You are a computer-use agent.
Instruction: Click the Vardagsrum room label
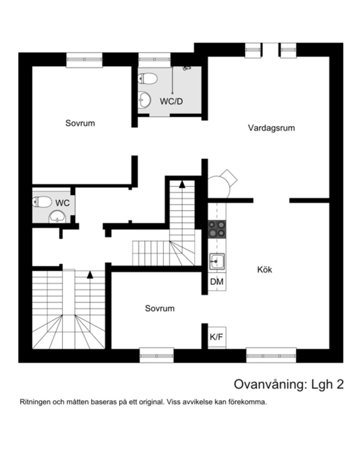tap(271, 128)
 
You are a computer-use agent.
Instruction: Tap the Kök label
tap(264, 270)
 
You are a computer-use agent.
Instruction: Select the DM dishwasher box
tap(217, 281)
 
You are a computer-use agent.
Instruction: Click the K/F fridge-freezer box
tap(216, 337)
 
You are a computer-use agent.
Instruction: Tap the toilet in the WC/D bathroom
tap(148, 78)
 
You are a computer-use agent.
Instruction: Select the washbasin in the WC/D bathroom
tap(144, 100)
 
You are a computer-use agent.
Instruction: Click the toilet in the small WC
tap(42, 202)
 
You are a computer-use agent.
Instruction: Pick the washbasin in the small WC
tap(57, 217)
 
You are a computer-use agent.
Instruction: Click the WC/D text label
tap(171, 101)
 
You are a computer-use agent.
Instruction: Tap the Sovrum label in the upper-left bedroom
tap(80, 123)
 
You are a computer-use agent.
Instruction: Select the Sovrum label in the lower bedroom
tap(160, 309)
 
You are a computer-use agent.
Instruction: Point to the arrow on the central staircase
tap(182, 184)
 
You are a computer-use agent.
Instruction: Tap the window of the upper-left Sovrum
tap(84, 60)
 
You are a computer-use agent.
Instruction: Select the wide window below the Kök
tap(271, 356)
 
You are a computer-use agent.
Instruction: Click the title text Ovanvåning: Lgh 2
tap(288, 384)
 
